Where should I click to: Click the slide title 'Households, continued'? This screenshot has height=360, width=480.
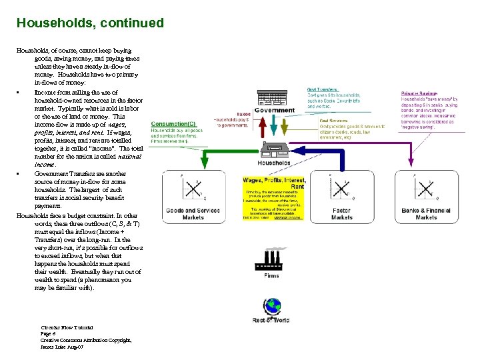pos(90,23)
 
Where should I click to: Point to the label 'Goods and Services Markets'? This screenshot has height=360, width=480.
pos(193,213)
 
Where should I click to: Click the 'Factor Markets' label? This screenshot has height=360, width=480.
pos(341,213)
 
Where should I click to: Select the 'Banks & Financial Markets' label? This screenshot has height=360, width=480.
pos(426,213)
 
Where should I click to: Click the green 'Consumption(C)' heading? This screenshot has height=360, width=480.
pos(173,124)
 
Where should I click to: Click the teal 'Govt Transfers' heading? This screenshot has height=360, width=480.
pos(323,89)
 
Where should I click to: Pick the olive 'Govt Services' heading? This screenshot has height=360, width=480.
pos(334,121)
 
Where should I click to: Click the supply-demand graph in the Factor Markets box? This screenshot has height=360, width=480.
pos(342,189)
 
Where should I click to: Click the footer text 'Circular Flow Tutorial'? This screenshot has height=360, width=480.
pos(67,327)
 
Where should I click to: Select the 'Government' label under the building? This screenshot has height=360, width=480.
pos(274,111)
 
